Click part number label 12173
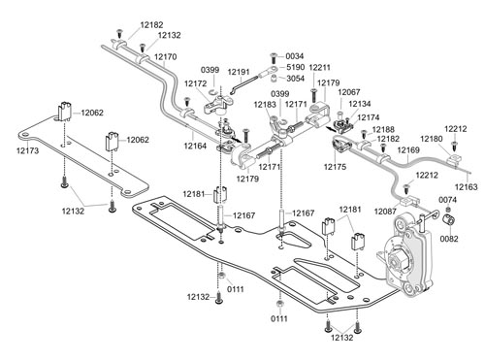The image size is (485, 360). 27,150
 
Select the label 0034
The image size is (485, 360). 295,56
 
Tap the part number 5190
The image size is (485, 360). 295,67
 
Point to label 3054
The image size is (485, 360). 295,79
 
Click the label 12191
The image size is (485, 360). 239,72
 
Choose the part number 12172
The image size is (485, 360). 195,83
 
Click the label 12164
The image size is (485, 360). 195,146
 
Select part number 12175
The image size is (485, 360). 335,167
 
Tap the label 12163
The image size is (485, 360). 466,187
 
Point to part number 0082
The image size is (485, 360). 449,239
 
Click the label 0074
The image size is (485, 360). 447,200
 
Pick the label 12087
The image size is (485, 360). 385,212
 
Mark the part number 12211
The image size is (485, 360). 320,68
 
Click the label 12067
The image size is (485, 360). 349,92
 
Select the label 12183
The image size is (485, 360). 265,105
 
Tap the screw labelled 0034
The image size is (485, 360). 274,58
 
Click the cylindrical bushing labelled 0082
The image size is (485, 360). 448,219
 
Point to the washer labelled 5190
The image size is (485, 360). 274,69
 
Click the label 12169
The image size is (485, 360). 408,150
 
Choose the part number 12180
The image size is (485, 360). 432,139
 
